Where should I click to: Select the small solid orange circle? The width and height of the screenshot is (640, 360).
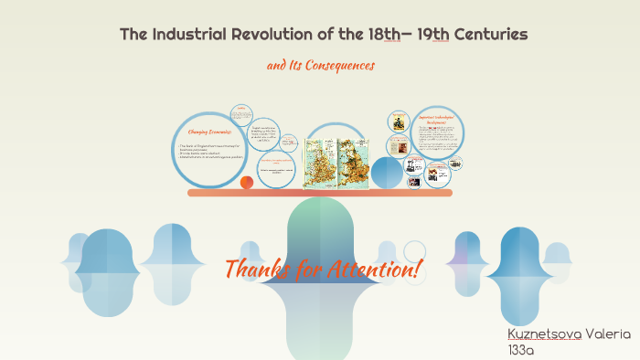[246, 182]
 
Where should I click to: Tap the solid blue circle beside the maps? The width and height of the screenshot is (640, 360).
[386, 171]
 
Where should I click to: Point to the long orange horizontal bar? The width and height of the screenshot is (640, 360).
[319, 193]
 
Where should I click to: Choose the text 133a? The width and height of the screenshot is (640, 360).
[519, 350]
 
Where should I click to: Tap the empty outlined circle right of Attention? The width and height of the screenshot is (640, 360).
[414, 251]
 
